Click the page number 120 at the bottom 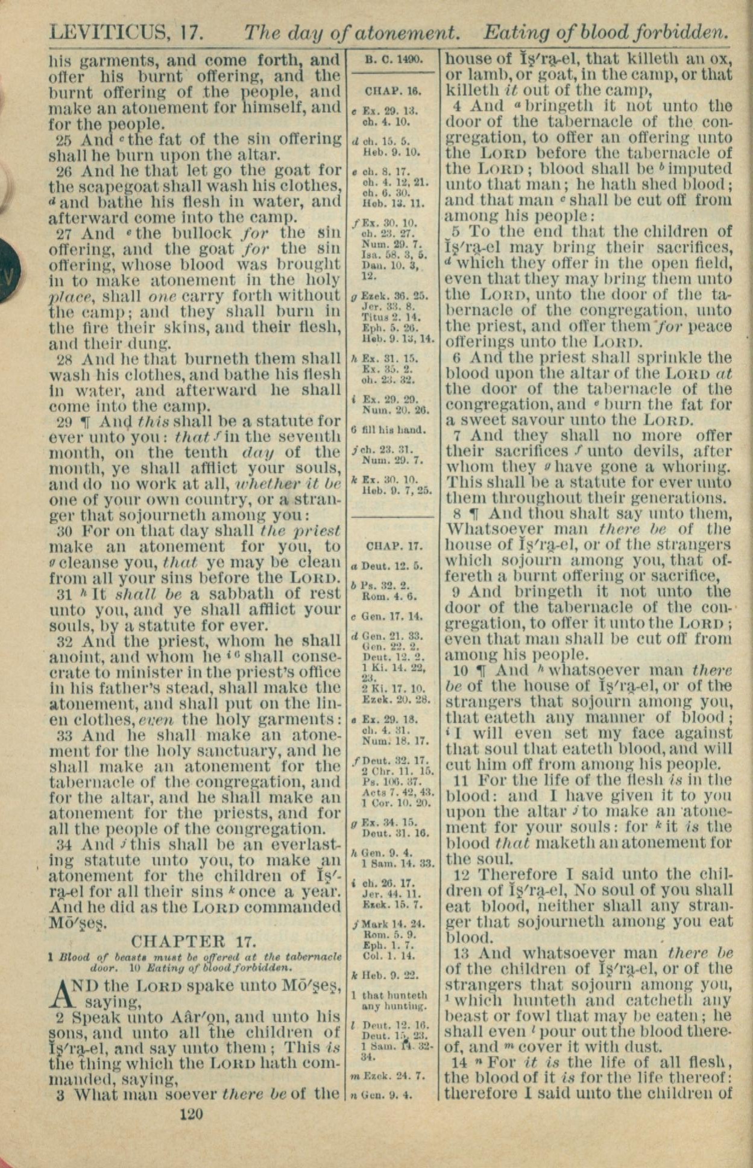pyautogui.click(x=192, y=1114)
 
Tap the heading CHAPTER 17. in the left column pyautogui.click(x=194, y=942)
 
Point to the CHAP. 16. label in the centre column pyautogui.click(x=393, y=92)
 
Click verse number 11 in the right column pyautogui.click(x=461, y=780)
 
